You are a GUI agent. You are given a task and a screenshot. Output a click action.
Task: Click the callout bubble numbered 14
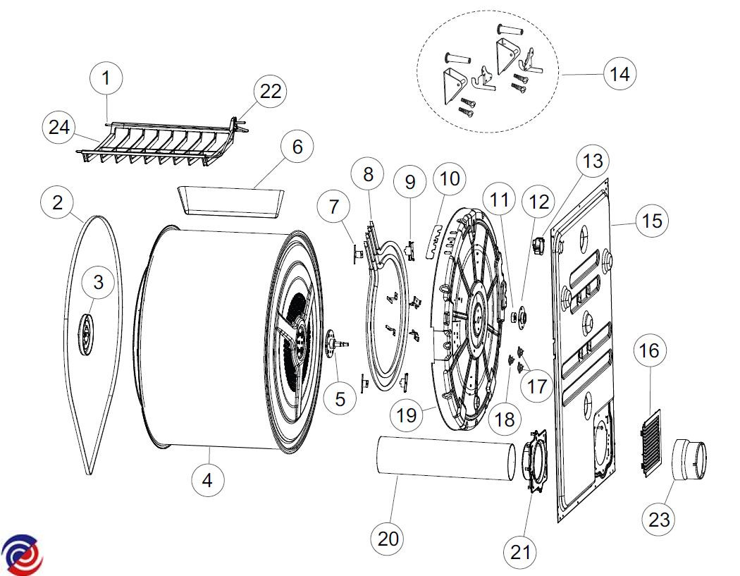coord(620,73)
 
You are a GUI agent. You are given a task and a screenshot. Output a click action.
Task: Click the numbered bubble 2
coord(58,203)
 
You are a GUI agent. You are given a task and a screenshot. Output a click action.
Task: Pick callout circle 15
coord(653,221)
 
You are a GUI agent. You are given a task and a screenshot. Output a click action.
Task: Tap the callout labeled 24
coord(59,128)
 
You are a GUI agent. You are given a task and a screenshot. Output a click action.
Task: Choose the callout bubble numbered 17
coord(537,386)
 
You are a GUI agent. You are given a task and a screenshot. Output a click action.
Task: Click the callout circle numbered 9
coord(410,182)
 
